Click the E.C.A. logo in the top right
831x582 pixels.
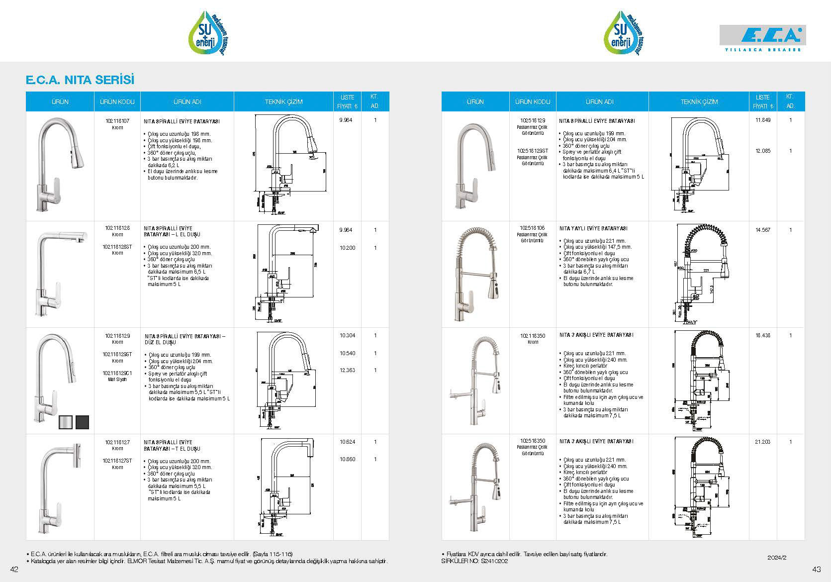click(763, 37)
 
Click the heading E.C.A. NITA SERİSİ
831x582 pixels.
click(80, 80)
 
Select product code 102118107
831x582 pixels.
click(117, 121)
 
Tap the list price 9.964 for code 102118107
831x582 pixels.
click(346, 120)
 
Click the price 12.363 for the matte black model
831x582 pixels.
click(347, 370)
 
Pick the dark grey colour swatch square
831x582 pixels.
click(82, 422)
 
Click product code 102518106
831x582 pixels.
click(532, 228)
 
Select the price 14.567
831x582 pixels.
click(762, 230)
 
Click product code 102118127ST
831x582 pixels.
click(117, 461)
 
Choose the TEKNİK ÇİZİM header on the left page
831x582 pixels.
click(283, 101)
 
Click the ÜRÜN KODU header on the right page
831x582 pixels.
click(532, 101)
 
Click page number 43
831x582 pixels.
click(816, 569)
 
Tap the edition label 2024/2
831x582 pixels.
click(777, 558)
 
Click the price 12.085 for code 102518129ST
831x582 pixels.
click(762, 151)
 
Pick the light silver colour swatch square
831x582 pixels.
click(66, 422)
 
